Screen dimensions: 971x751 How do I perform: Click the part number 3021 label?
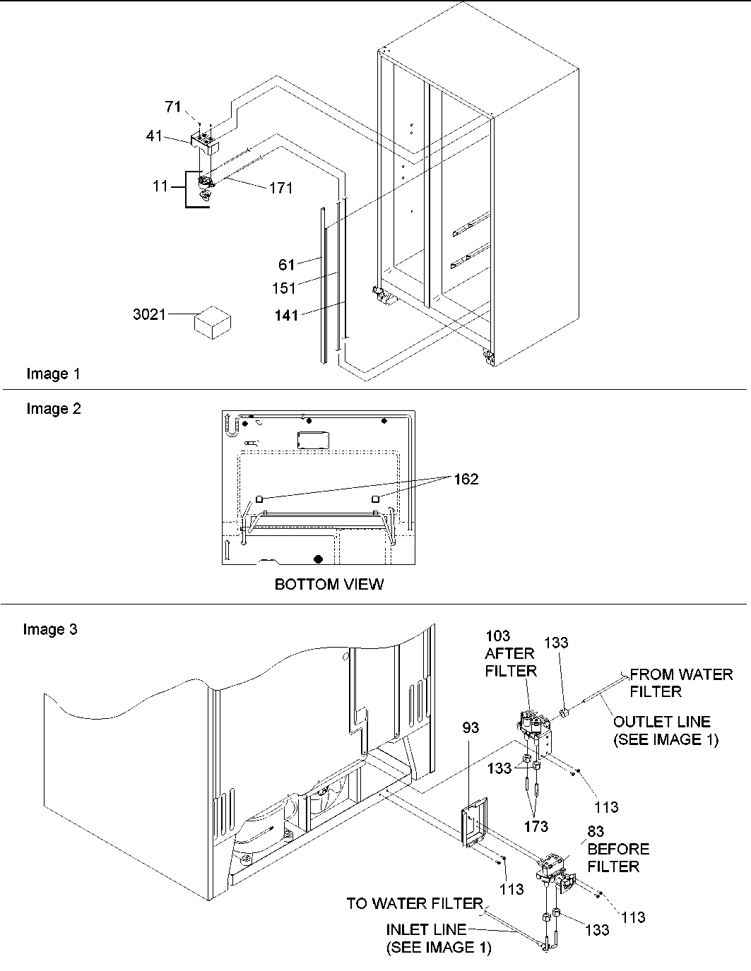(148, 314)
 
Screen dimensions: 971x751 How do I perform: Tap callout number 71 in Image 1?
(173, 107)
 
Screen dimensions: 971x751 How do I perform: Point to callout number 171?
(280, 189)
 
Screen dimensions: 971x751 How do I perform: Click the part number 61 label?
(286, 265)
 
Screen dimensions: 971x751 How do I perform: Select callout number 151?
(284, 289)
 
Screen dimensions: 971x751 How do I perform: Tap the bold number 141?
(286, 316)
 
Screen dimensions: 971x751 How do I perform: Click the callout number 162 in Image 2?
(465, 479)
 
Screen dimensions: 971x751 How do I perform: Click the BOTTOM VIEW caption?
(329, 585)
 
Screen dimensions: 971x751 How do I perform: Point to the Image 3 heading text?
(50, 629)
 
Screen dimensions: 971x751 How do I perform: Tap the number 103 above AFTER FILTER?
(497, 636)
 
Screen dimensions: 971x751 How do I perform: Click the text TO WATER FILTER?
(414, 904)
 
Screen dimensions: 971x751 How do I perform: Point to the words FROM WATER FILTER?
(681, 683)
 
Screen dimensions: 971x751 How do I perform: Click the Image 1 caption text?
(53, 374)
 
